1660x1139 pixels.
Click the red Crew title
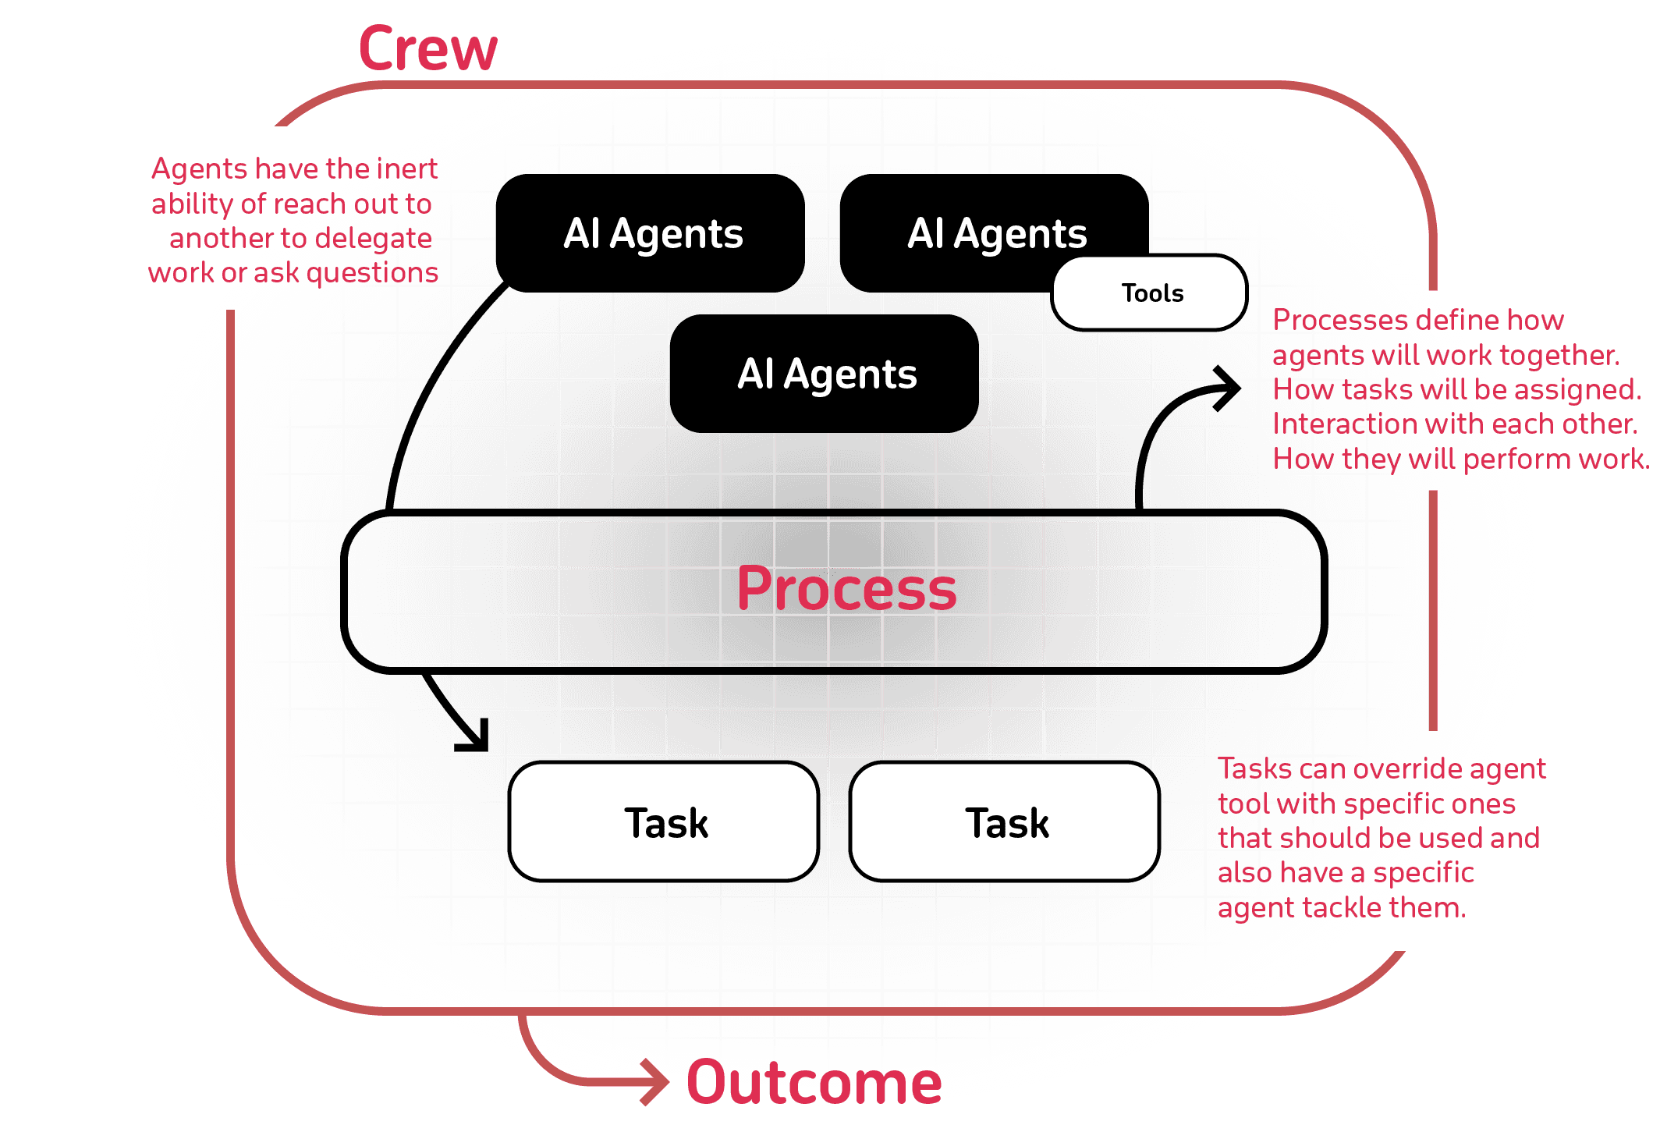[x=427, y=48]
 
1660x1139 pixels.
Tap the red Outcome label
[x=814, y=1082]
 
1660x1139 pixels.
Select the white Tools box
[x=1150, y=293]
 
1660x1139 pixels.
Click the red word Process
[x=846, y=589]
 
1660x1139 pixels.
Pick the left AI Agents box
[x=651, y=233]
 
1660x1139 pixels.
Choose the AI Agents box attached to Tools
[x=995, y=232]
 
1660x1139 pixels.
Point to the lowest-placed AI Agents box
[x=825, y=374]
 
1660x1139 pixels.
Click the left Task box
[x=665, y=822]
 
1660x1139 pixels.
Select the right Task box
[x=1006, y=822]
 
